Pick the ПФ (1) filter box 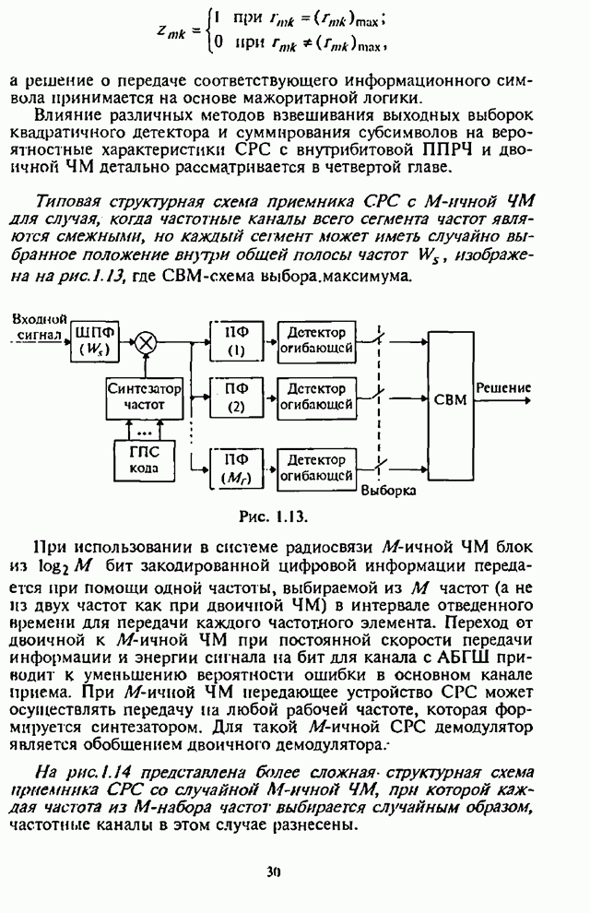235,341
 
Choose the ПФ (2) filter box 235,397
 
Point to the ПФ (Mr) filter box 235,468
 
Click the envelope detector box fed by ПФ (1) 317,341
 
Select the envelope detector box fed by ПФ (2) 317,397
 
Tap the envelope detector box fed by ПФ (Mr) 317,468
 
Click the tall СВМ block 450,398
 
